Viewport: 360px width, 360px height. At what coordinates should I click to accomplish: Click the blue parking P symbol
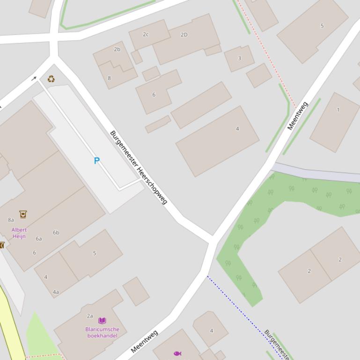97,161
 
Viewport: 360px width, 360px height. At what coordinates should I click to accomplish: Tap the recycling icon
51,79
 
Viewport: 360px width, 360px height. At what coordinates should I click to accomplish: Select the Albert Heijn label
19,233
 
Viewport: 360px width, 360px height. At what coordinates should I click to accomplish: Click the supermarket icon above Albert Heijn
23,214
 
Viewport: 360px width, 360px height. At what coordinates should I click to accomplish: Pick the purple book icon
102,321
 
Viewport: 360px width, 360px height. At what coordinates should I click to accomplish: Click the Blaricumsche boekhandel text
102,332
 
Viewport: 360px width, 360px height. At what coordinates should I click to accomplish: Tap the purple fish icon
177,353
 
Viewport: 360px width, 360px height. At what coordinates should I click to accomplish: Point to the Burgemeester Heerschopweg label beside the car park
138,167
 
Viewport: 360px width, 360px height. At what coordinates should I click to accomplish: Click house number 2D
184,35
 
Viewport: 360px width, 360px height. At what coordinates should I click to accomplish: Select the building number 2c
146,35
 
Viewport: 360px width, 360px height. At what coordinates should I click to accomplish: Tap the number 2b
117,49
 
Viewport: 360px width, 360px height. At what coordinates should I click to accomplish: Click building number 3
239,58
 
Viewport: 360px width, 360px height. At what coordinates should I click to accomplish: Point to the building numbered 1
338,110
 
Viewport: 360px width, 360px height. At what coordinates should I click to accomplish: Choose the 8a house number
11,220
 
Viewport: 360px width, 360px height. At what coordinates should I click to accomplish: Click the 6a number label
39,238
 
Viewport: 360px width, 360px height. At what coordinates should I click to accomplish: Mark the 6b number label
56,232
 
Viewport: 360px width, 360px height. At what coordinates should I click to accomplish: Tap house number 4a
56,292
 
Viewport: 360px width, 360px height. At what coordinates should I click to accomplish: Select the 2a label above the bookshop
90,316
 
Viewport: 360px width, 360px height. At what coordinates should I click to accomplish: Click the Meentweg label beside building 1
298,115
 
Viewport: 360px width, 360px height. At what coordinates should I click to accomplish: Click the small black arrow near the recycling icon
34,79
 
